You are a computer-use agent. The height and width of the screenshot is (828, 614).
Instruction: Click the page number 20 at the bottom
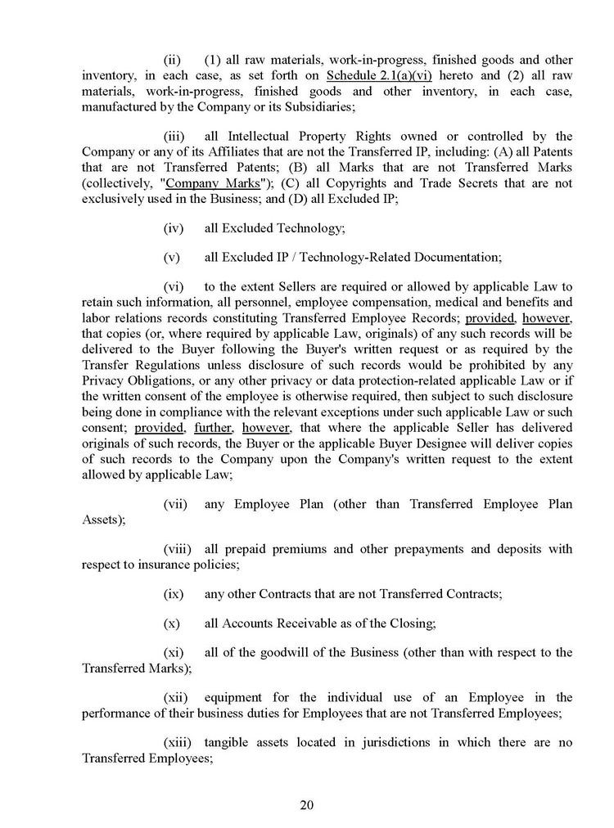(307, 804)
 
